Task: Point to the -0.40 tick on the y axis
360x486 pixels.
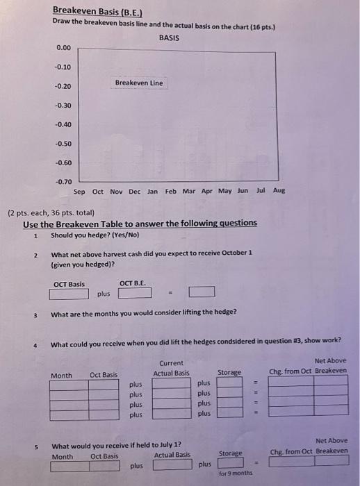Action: point(63,125)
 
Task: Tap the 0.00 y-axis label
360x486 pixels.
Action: point(63,48)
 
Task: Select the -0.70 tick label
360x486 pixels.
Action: point(63,182)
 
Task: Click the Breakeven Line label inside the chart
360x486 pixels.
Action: point(139,83)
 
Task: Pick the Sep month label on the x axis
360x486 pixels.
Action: point(79,191)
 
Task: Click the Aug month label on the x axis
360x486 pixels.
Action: point(279,190)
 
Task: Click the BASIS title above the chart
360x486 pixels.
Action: point(169,37)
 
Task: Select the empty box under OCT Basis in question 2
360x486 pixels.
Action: point(69,293)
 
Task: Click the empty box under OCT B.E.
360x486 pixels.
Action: point(135,293)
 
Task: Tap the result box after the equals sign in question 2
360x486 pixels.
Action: point(201,292)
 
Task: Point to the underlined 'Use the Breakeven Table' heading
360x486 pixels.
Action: point(140,223)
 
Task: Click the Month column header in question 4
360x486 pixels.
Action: point(62,375)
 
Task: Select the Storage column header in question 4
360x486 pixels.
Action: point(229,372)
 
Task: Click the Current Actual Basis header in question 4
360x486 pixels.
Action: point(171,368)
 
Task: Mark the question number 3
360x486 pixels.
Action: point(35,315)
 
